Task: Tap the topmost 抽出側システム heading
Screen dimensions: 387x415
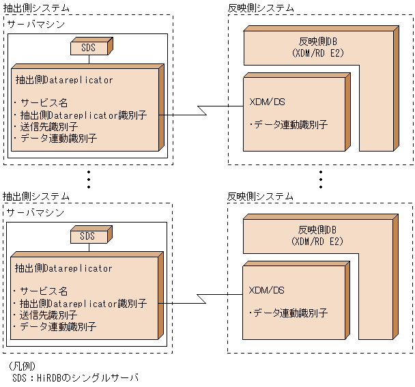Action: (35, 8)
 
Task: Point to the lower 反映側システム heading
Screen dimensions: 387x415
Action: (261, 196)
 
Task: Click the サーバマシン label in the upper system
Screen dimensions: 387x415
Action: (35, 24)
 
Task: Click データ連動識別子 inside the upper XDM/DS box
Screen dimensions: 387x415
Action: (288, 125)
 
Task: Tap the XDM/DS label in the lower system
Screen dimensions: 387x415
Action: (267, 291)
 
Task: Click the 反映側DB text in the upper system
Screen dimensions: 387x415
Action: (317, 41)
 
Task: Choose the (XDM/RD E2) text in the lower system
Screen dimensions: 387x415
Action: (317, 241)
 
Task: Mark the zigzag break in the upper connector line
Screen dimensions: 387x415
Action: (202, 110)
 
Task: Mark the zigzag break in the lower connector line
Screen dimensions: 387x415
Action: (202, 298)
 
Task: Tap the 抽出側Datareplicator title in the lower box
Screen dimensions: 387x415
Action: (64, 268)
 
